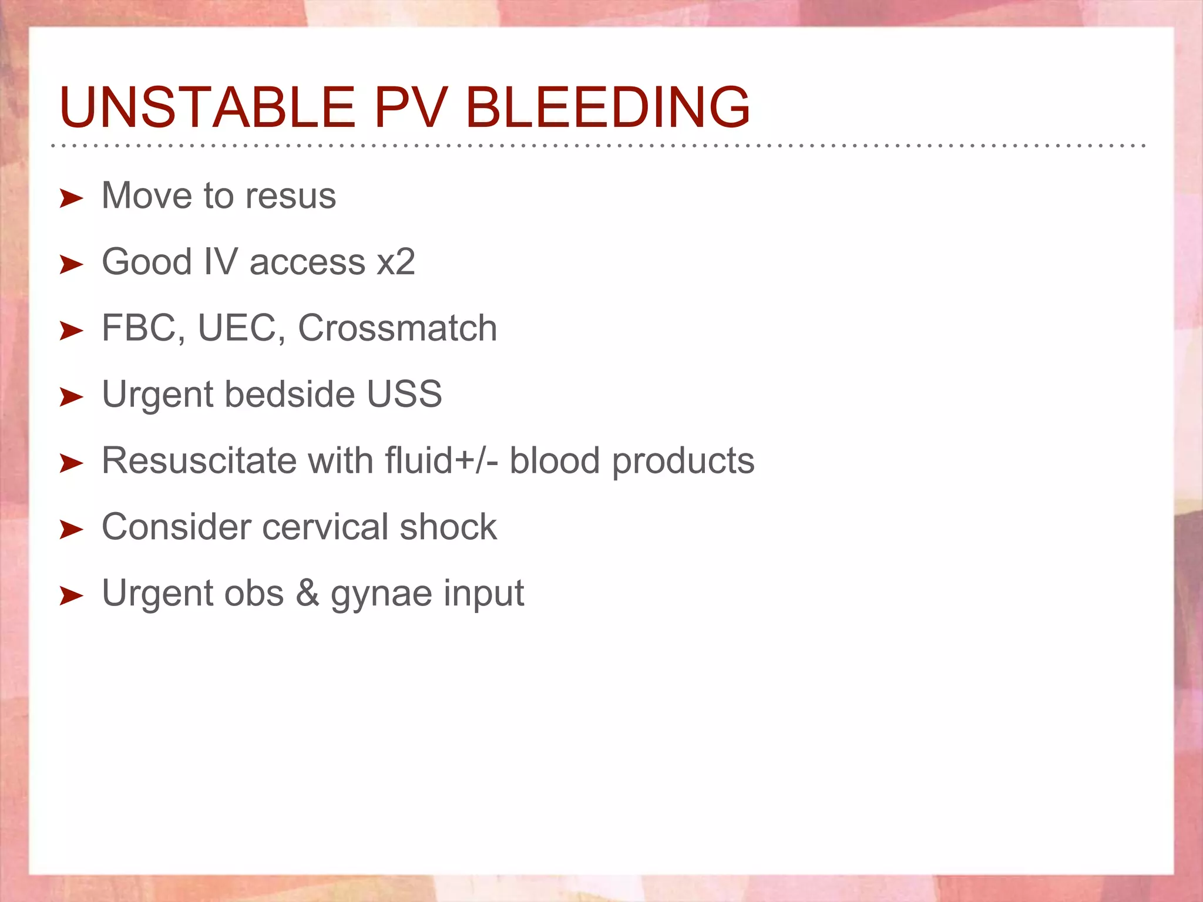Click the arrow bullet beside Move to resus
(71, 198)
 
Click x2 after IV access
(396, 262)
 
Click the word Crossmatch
(398, 328)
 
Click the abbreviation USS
(404, 394)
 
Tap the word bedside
(290, 394)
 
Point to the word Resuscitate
(199, 460)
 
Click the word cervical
(325, 527)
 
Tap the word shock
(448, 527)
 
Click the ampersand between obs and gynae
(307, 593)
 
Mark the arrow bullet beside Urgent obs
(71, 595)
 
